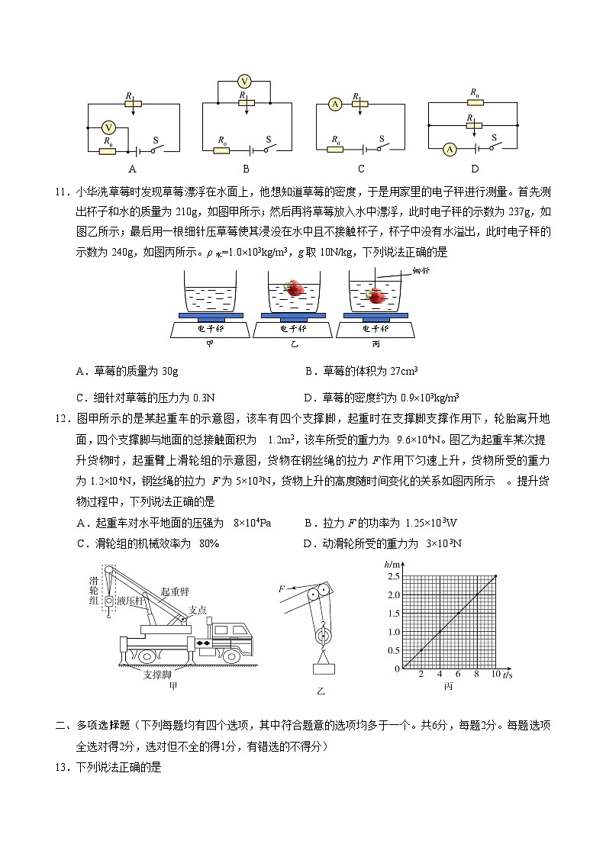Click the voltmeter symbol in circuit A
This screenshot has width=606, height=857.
[109, 128]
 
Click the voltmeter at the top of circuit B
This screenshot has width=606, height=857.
[244, 82]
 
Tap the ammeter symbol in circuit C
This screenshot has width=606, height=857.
[334, 105]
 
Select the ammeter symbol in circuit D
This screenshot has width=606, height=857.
[450, 150]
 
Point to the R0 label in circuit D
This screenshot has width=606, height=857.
[475, 92]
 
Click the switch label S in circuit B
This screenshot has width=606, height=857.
[269, 140]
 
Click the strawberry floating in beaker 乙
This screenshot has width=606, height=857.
[293, 288]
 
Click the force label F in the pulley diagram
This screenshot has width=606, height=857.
[281, 589]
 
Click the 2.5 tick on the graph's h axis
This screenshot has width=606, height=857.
[393, 576]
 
